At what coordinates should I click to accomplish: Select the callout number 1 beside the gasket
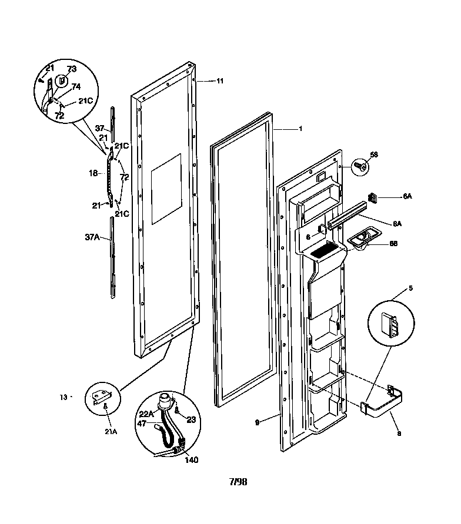tap(300, 128)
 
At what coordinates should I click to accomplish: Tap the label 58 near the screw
tap(373, 154)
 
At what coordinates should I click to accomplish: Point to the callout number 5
tap(411, 288)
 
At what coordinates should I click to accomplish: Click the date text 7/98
tap(238, 482)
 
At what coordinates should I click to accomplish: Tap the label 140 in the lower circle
tap(192, 460)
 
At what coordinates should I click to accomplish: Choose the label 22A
tap(146, 414)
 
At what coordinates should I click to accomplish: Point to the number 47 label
tap(142, 423)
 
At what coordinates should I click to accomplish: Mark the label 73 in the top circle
tap(72, 69)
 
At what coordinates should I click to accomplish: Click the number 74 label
tap(76, 86)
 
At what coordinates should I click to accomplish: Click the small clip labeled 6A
tap(373, 196)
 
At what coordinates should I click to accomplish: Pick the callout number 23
tap(191, 419)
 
